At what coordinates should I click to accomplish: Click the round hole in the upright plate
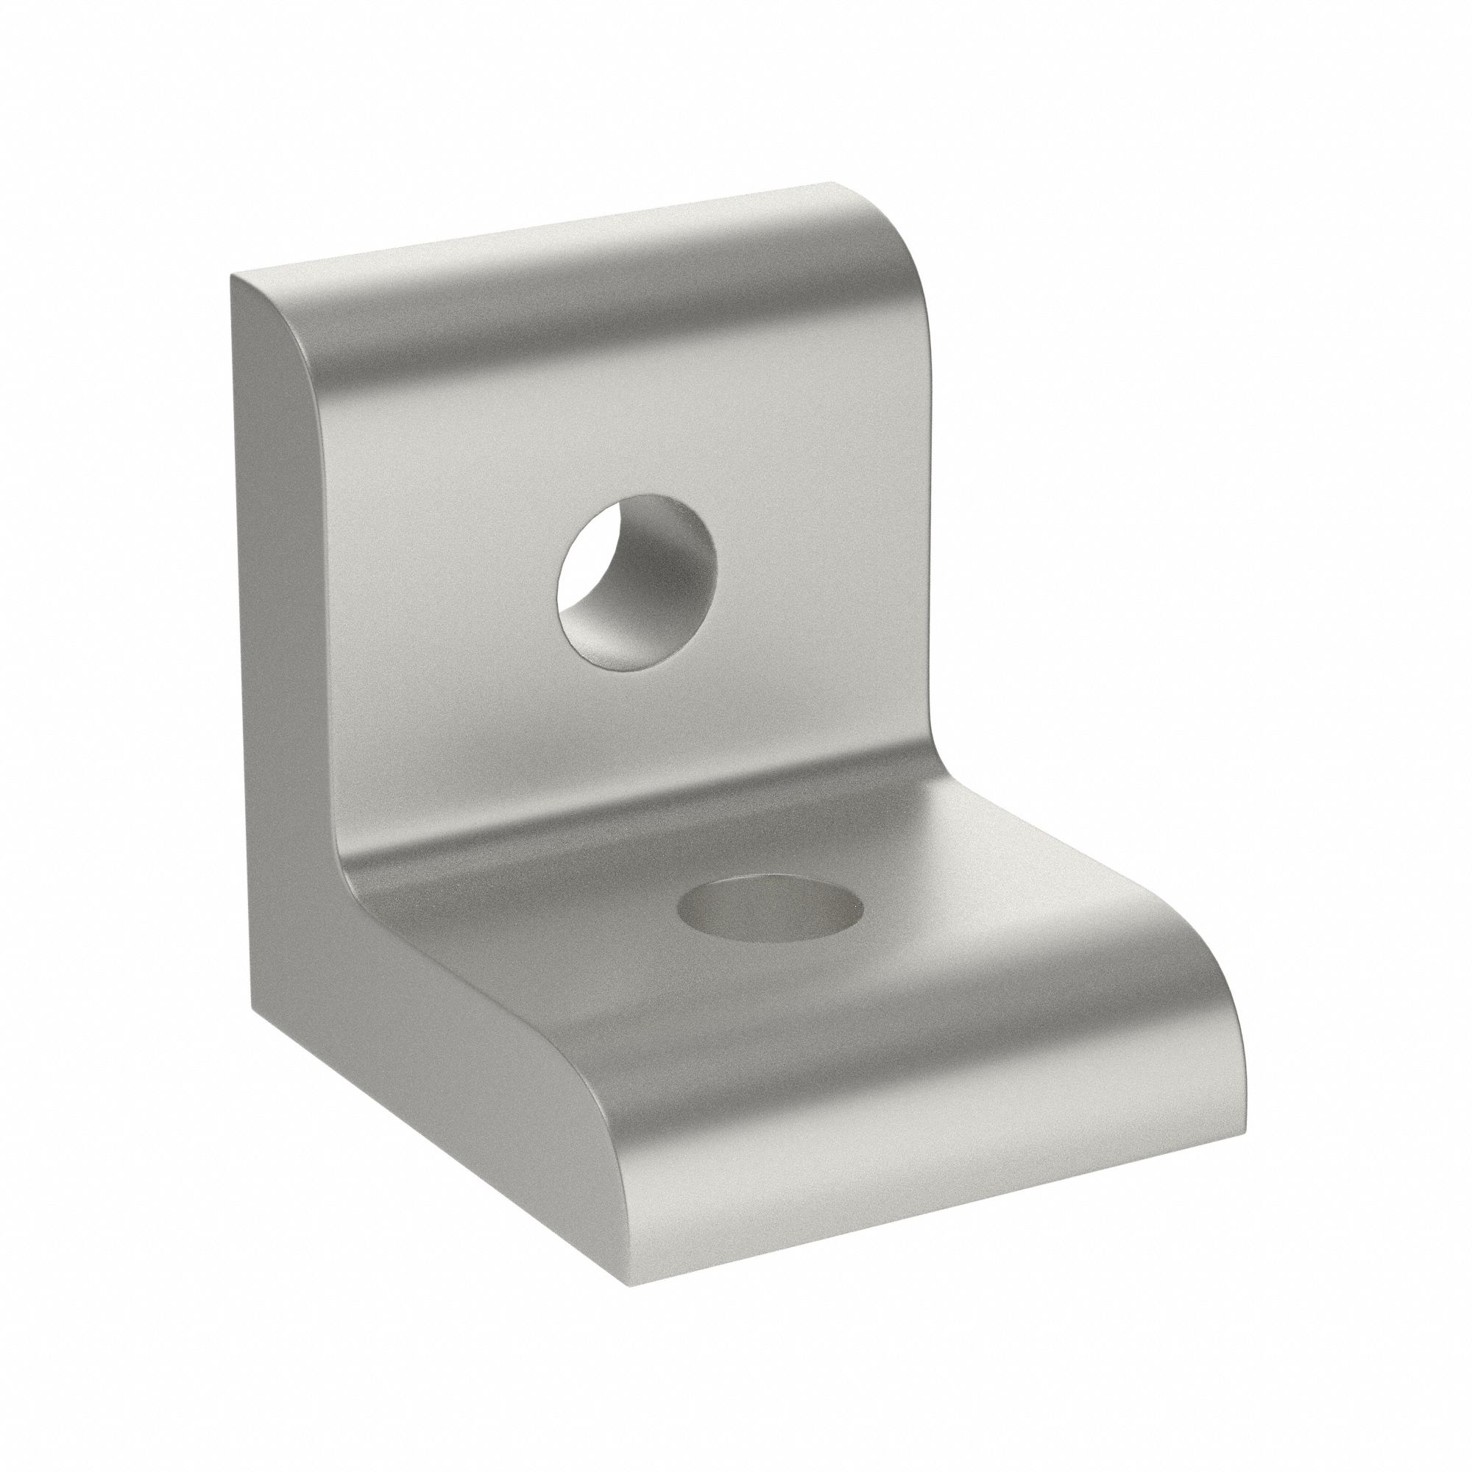pyautogui.click(x=637, y=583)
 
